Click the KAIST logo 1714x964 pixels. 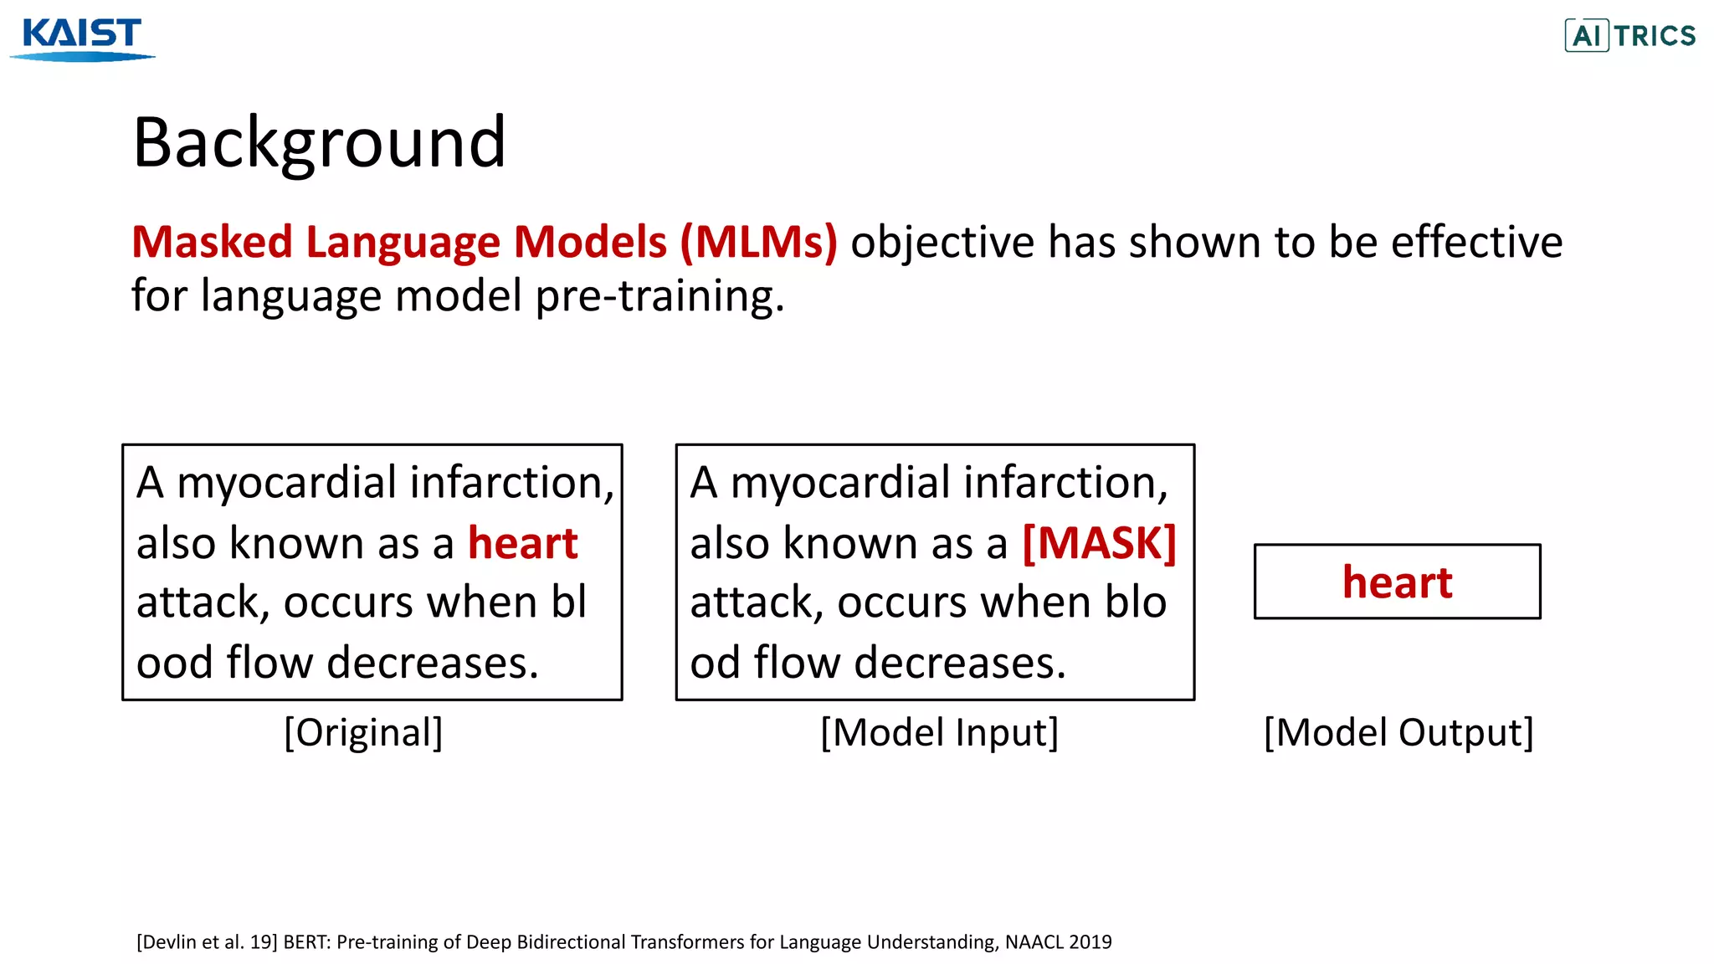(x=82, y=38)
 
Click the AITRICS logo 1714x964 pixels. (x=1629, y=36)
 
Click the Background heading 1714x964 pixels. (x=319, y=143)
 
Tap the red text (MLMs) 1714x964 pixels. (x=758, y=243)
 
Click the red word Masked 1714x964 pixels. (x=213, y=243)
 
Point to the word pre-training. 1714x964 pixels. (x=659, y=297)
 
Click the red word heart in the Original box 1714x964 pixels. (x=522, y=544)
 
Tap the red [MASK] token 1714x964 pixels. (x=1099, y=544)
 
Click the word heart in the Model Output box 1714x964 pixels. (x=1397, y=582)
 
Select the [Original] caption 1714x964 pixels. (x=363, y=733)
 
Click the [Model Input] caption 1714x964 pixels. (x=939, y=733)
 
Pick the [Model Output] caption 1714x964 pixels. (x=1398, y=733)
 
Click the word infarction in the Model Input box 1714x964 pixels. (x=1065, y=484)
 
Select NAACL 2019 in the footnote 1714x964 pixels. (x=1058, y=942)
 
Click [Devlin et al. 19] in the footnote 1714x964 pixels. (x=207, y=942)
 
